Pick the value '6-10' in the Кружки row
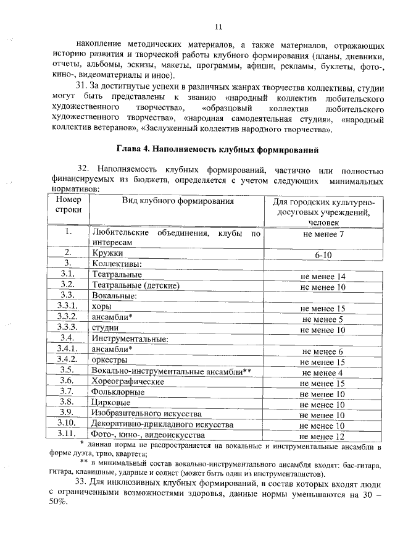(x=323, y=254)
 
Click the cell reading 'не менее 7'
(x=323, y=234)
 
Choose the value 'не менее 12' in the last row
(x=323, y=437)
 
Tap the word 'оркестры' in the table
(x=109, y=360)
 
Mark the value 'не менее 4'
(x=323, y=372)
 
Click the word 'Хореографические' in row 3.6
(x=128, y=382)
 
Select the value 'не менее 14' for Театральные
(x=323, y=276)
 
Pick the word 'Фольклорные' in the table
(x=117, y=392)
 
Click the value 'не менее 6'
(x=323, y=351)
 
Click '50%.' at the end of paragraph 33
(x=59, y=502)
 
